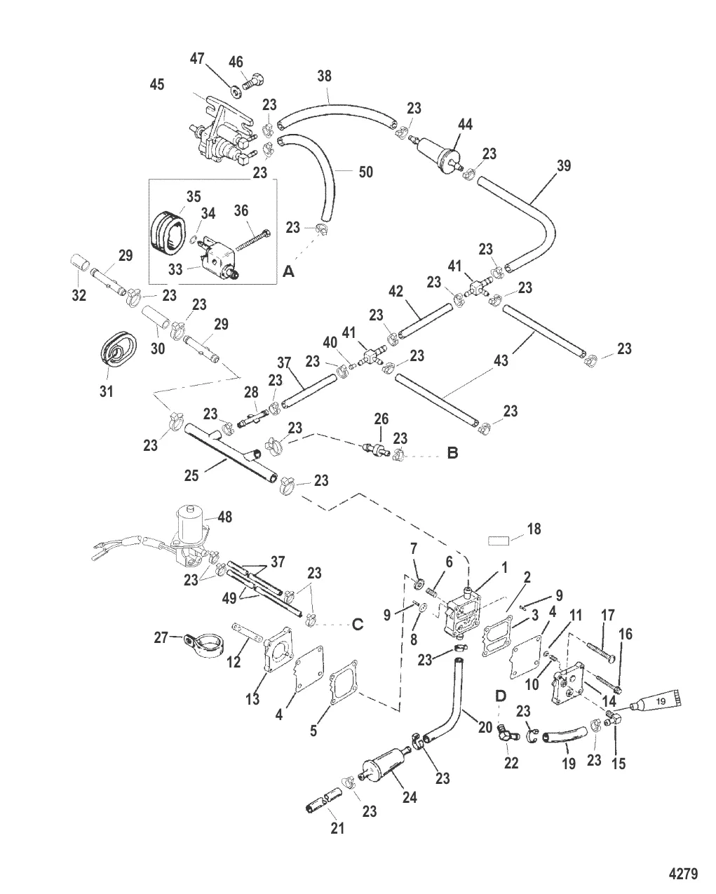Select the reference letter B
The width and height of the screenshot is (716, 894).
[x=453, y=454]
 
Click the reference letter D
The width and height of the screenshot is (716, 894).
[x=501, y=696]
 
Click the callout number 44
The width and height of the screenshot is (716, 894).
[x=464, y=125]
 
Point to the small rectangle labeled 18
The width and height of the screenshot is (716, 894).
[x=499, y=541]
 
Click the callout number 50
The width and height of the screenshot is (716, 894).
[x=365, y=172]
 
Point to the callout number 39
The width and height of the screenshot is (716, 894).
[x=563, y=165]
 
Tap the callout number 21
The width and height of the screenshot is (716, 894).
[x=337, y=829]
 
